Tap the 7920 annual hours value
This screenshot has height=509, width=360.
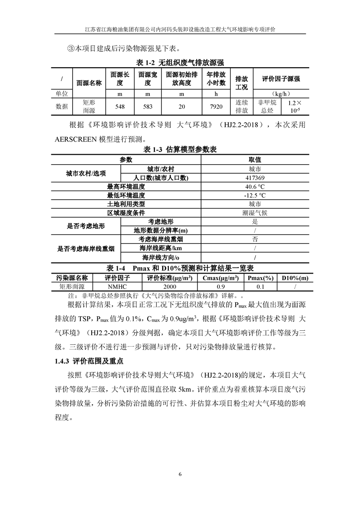pos(216,107)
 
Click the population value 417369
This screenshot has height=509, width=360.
pos(255,178)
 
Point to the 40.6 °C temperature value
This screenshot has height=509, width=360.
pos(255,186)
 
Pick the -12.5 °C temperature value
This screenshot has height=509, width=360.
pos(255,195)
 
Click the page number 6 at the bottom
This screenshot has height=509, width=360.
pos(180,475)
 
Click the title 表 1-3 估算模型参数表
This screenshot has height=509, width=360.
pos(180,150)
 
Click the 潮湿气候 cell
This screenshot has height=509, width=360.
pos(255,213)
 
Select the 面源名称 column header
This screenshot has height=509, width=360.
pos(89,83)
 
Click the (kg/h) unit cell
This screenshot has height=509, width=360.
pos(278,94)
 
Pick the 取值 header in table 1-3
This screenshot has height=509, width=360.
pos(255,160)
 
